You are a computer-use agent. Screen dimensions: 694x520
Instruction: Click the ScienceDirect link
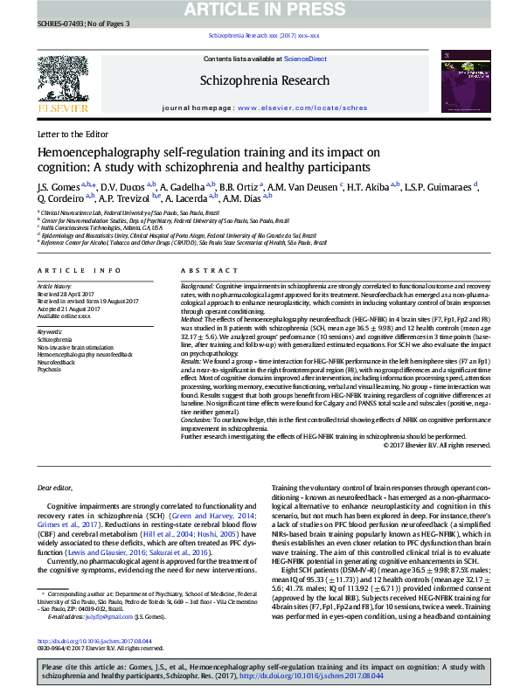306,59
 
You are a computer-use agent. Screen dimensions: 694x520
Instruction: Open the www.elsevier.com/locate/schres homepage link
302,108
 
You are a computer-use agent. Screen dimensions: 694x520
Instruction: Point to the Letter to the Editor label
73,134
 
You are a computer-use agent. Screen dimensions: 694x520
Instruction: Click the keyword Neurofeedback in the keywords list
56,361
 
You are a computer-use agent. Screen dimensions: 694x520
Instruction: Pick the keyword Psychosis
50,369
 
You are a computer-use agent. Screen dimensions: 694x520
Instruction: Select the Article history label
54,286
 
